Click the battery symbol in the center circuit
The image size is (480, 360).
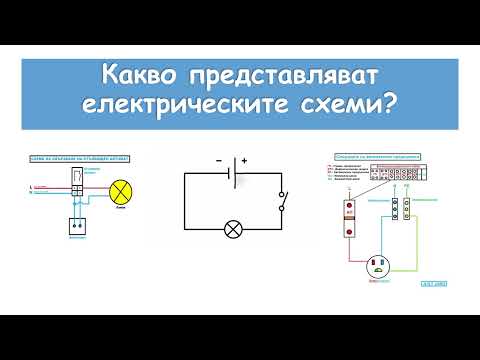click(x=232, y=171)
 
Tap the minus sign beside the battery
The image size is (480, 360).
click(x=218, y=160)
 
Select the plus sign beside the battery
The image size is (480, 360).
click(x=244, y=160)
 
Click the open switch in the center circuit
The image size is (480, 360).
click(x=283, y=202)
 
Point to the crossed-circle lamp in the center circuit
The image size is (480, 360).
click(x=233, y=230)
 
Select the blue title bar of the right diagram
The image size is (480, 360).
click(x=378, y=156)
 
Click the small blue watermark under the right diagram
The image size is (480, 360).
click(x=433, y=283)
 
